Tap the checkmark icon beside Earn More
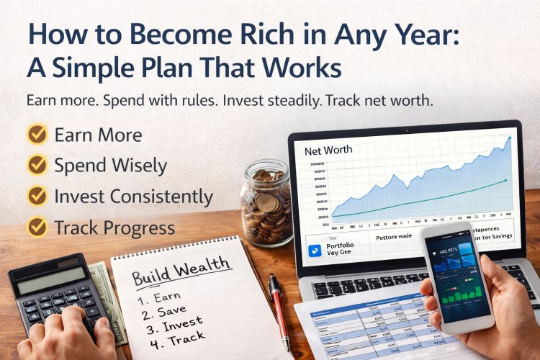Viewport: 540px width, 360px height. (36, 135)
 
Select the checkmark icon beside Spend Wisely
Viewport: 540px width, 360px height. (36, 166)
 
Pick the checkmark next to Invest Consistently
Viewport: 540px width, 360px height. (36, 197)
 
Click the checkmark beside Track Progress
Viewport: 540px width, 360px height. (36, 228)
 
